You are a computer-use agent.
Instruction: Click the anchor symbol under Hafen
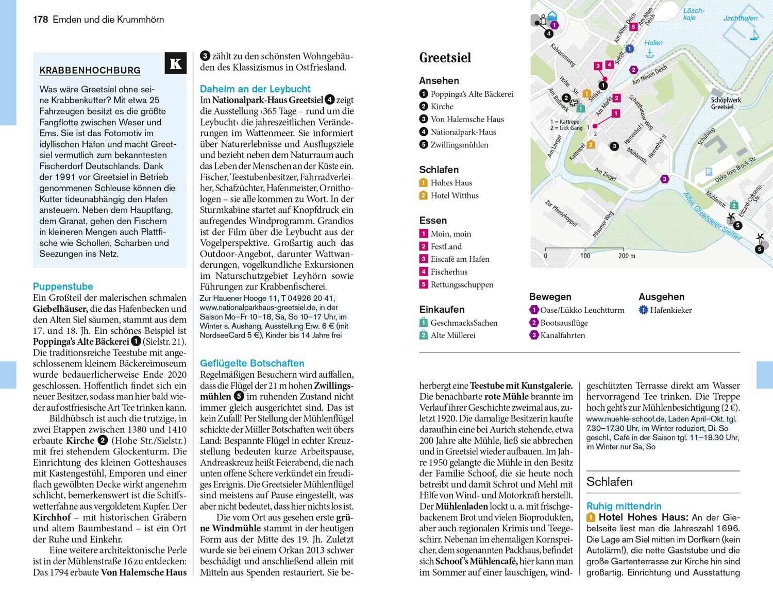[649, 54]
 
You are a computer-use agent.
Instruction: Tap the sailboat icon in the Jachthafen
[755, 35]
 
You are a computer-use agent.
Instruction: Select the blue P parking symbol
[709, 172]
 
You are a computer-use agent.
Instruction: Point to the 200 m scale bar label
[627, 256]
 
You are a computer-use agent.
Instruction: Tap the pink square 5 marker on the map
[633, 27]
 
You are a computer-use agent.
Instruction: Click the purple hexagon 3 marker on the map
[665, 179]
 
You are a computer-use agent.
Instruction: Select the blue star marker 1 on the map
[629, 49]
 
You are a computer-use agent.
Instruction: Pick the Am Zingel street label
[606, 174]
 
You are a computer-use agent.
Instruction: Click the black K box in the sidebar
[175, 63]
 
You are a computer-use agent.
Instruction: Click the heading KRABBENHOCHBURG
[90, 71]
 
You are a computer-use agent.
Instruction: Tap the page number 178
[40, 20]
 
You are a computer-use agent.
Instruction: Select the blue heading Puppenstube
[63, 287]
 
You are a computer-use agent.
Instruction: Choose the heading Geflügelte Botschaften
[252, 363]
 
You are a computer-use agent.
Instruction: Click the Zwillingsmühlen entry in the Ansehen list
[459, 145]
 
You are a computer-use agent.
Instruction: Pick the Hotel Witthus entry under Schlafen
[455, 195]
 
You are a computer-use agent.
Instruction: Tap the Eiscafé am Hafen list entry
[460, 259]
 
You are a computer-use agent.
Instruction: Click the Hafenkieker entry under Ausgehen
[670, 310]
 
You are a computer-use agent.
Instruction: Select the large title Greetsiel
[445, 58]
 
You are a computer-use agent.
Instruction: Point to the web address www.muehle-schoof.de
[625, 419]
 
